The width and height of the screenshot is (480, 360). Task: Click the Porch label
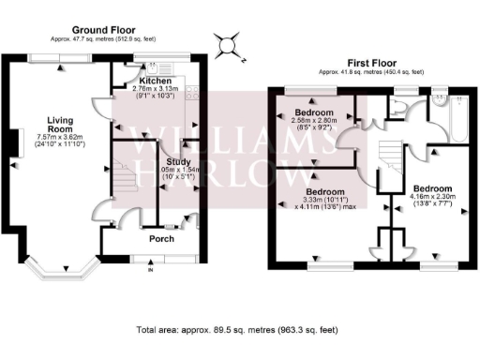pos(150,238)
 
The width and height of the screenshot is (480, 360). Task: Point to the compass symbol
pos(226,44)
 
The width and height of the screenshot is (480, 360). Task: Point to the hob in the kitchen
pos(193,92)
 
